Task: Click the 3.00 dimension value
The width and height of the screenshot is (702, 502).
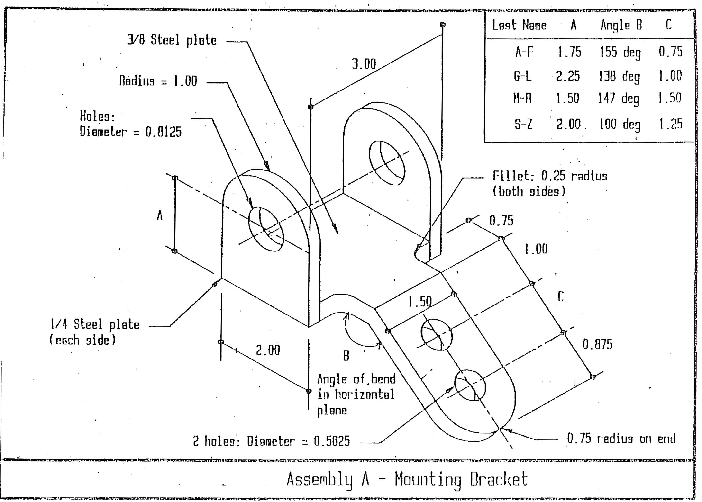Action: (364, 64)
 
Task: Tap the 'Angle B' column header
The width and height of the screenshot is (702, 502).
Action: (621, 25)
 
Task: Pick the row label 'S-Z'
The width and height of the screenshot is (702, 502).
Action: (523, 124)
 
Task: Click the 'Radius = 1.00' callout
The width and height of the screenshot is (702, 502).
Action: (158, 81)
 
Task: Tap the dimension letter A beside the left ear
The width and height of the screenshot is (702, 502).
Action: (160, 215)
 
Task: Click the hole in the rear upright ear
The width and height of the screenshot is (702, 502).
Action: (387, 163)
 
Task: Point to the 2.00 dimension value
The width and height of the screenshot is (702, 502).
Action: (268, 350)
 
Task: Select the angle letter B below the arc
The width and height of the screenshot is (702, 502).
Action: (346, 356)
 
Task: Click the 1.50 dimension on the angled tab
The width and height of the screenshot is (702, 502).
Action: (420, 302)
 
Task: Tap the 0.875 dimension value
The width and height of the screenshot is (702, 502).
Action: (597, 344)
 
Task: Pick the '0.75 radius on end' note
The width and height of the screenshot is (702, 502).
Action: (621, 438)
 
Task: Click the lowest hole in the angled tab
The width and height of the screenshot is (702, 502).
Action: (470, 385)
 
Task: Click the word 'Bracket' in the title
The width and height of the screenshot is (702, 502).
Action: (499, 479)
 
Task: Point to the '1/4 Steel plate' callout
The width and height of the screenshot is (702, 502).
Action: (95, 324)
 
